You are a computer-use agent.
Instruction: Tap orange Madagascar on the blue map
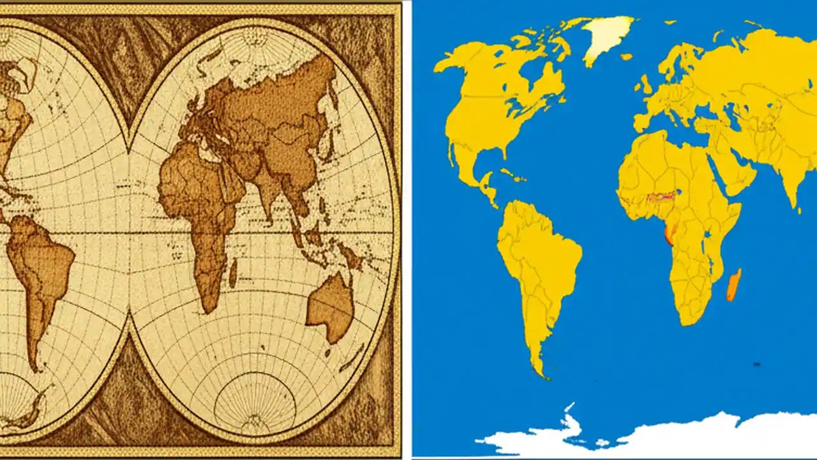(x=734, y=285)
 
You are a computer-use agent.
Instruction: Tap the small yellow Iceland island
(x=626, y=57)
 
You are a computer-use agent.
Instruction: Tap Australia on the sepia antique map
(x=331, y=307)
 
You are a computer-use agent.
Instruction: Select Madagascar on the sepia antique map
(x=233, y=273)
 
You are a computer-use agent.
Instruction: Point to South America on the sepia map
(x=38, y=268)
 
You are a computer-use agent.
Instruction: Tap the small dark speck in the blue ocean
(x=757, y=365)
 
